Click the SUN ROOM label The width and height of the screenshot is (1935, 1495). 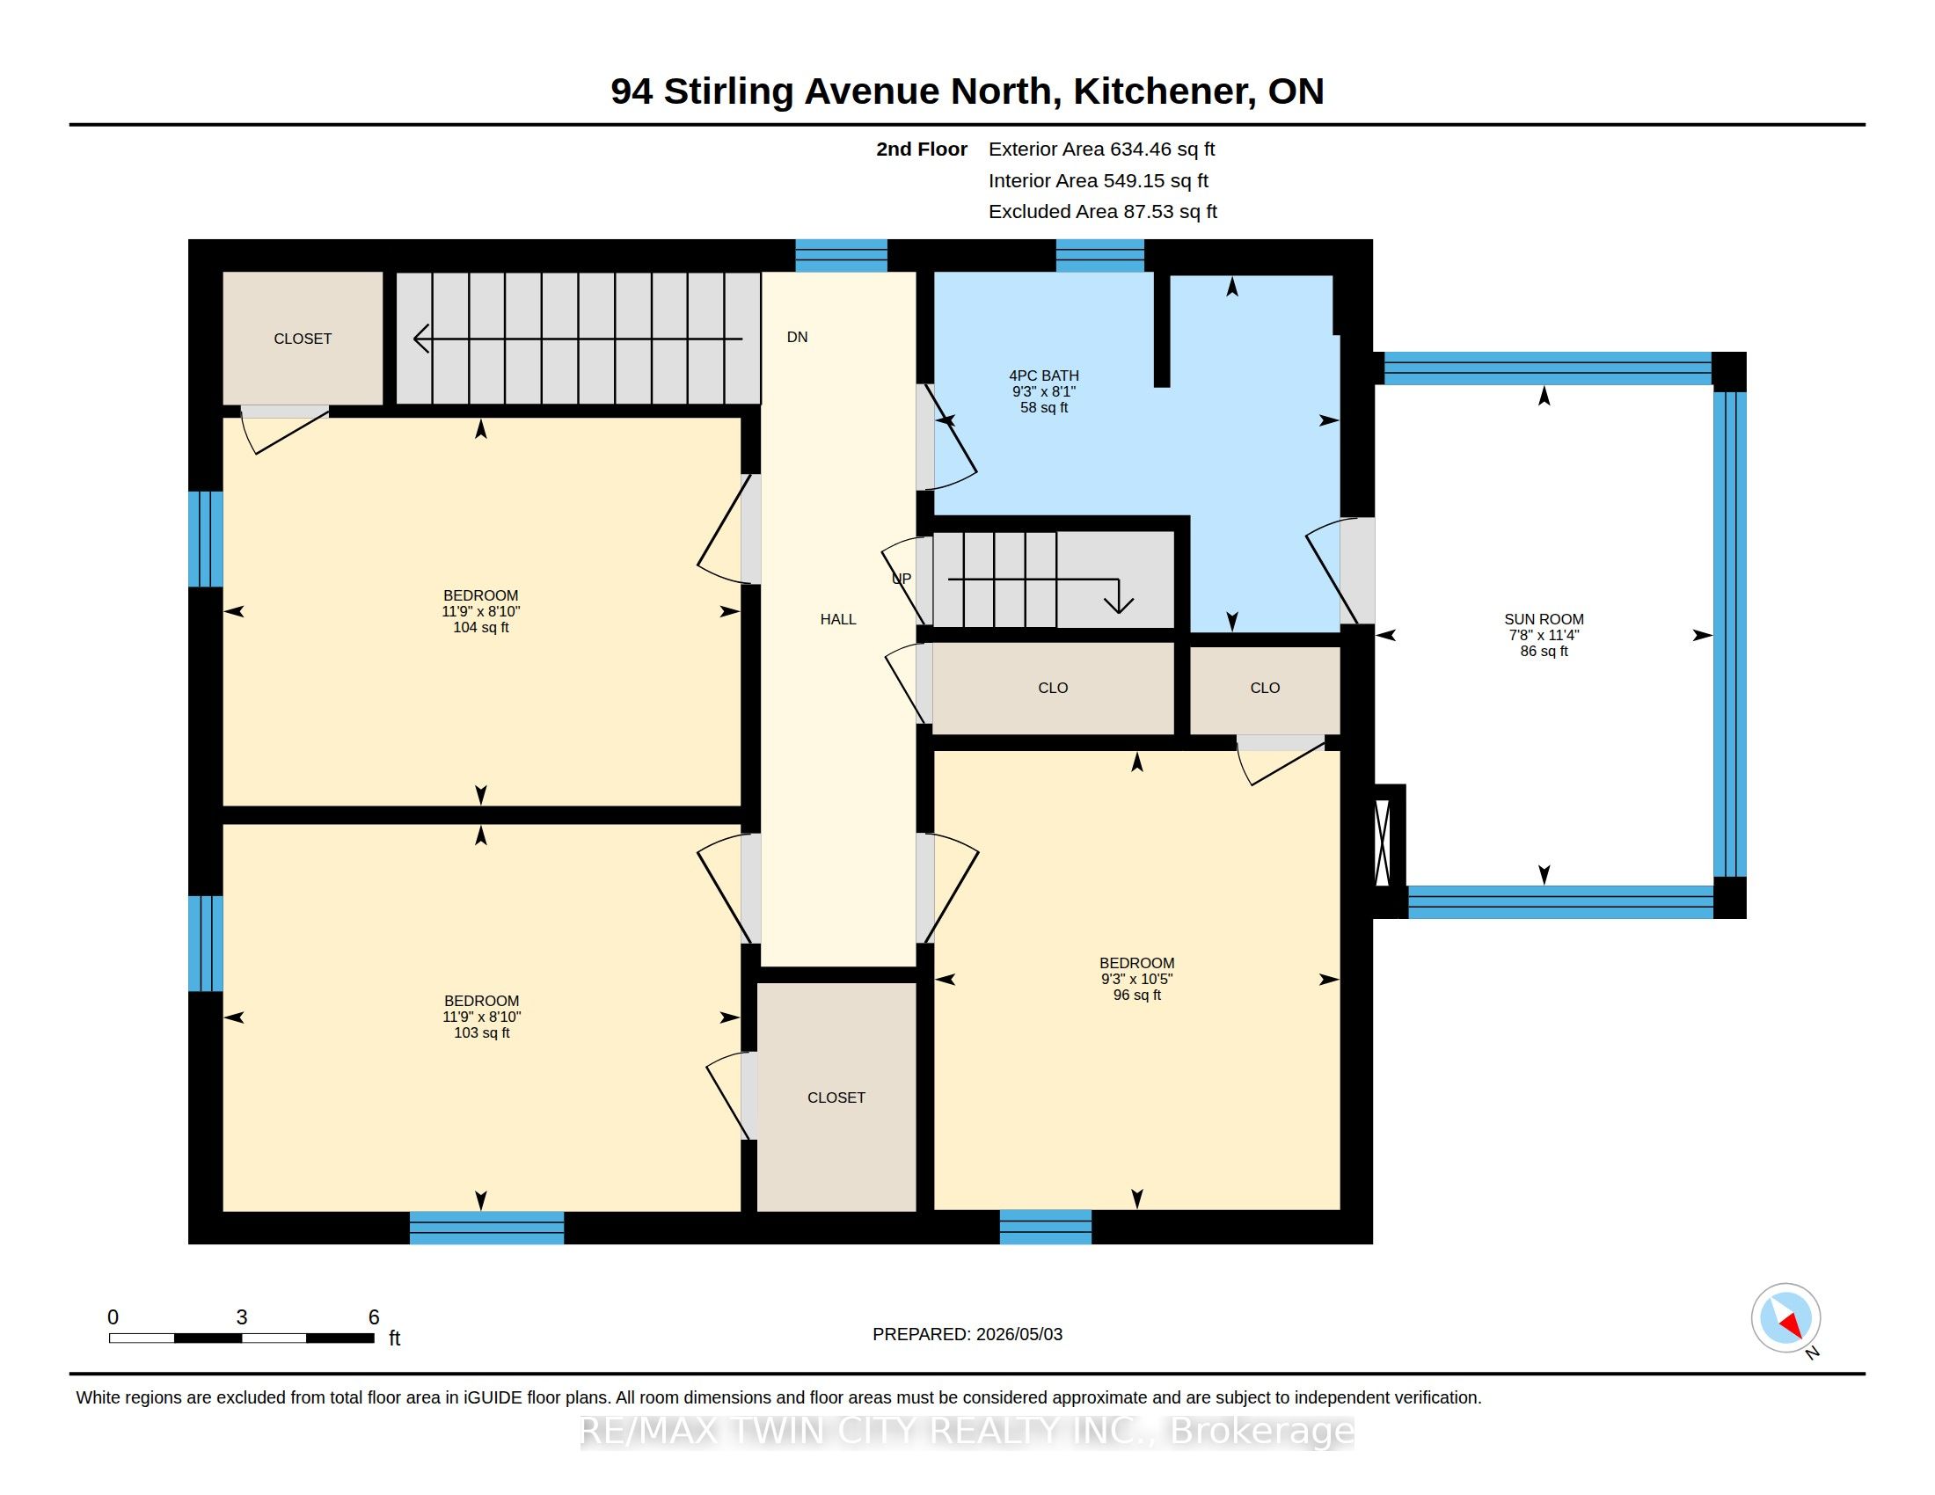pos(1544,619)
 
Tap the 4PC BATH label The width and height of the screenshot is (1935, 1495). pos(1044,376)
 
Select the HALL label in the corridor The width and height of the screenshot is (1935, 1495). pos(838,619)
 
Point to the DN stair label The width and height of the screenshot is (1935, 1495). pos(798,337)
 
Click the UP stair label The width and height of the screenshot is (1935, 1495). pos(901,579)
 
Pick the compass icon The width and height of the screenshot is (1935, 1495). pos(1785,1318)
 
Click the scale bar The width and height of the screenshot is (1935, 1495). pos(241,1338)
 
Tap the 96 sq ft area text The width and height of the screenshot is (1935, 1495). pos(1136,995)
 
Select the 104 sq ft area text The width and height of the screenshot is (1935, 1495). pos(481,627)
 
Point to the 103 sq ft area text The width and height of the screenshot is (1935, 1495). pos(481,1032)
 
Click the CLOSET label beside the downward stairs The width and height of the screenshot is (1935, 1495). pos(303,339)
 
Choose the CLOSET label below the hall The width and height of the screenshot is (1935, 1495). pos(836,1098)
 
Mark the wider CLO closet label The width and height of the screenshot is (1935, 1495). pos(1053,688)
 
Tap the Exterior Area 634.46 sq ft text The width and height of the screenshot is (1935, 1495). pos(1101,149)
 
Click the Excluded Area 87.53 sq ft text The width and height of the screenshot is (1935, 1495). pos(1103,212)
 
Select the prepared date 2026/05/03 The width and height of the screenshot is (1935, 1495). pos(1019,1334)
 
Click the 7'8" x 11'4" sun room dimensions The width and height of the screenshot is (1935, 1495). pos(1544,635)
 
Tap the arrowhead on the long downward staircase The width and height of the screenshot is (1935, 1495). pos(421,339)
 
